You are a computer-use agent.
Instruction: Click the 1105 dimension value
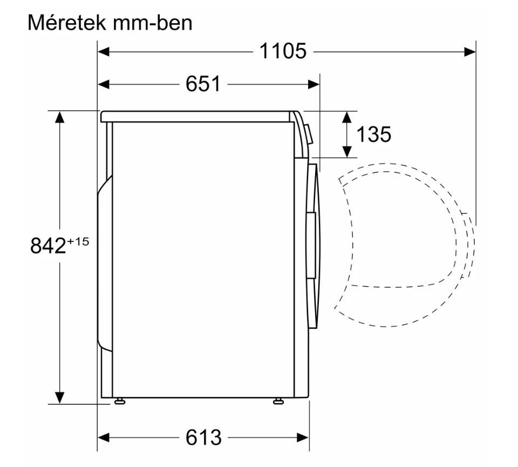point(283,51)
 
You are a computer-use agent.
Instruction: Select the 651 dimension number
point(203,84)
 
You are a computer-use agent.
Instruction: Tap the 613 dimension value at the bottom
point(203,438)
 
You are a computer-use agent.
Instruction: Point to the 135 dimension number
point(373,134)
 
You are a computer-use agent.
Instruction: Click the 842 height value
point(48,246)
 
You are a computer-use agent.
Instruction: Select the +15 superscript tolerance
point(78,241)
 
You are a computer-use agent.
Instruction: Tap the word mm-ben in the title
point(152,23)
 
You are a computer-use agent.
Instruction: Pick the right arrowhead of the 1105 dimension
point(470,51)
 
